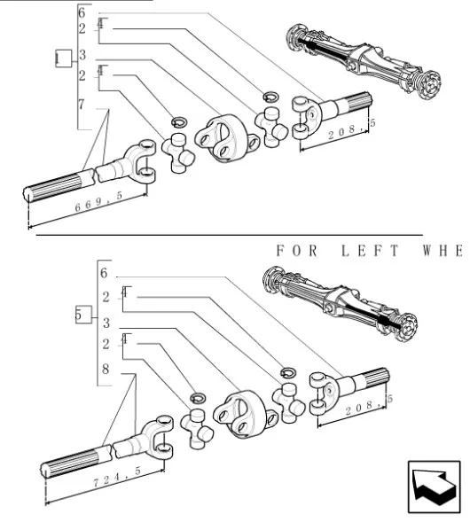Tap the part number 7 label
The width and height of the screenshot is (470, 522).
click(82, 105)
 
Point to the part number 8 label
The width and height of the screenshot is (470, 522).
click(105, 368)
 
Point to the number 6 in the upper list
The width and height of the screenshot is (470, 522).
click(82, 12)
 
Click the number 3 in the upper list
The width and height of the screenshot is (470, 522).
click(82, 55)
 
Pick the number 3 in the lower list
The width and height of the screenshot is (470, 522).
click(105, 322)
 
